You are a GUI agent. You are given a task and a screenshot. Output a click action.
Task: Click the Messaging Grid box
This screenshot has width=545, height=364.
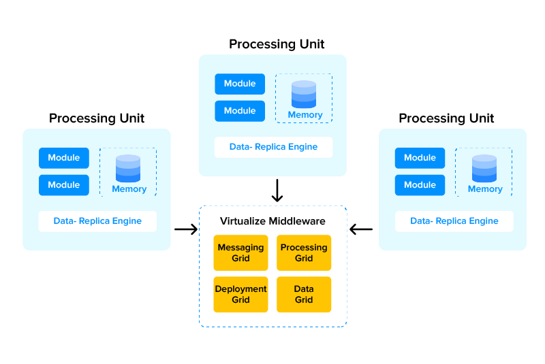[x=240, y=253]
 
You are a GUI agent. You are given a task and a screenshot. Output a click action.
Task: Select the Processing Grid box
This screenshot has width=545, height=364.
[x=304, y=253]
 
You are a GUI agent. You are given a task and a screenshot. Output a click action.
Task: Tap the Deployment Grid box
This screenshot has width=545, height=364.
[x=240, y=294]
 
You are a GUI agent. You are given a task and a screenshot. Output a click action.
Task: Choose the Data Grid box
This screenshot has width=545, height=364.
[x=304, y=294]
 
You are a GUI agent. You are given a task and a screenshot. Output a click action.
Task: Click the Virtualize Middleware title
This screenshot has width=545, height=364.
[x=272, y=221]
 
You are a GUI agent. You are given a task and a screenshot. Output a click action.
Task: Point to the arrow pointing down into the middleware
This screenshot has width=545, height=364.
[x=277, y=191]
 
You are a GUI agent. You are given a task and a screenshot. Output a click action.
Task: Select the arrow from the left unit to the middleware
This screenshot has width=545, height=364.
[x=185, y=229]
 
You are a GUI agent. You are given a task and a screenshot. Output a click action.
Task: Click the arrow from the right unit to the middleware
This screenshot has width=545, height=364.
[x=361, y=229]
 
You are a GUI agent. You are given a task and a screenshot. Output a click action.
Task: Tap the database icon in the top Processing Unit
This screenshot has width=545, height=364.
[x=304, y=94]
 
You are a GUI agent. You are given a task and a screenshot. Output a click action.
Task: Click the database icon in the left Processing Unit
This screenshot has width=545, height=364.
[x=128, y=168]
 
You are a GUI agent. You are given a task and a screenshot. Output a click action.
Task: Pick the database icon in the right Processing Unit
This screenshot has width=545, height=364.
[x=484, y=168]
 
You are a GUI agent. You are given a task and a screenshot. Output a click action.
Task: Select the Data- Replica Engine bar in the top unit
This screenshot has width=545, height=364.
[x=273, y=147]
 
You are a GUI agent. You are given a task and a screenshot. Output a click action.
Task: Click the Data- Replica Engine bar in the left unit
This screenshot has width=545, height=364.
[x=97, y=221]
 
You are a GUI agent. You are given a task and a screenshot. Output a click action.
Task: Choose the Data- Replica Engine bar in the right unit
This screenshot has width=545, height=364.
[x=454, y=221]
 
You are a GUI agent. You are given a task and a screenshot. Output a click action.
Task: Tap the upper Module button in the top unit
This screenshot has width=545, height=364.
[x=240, y=84]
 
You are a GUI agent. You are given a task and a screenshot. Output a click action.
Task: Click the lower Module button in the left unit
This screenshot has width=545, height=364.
[x=64, y=185]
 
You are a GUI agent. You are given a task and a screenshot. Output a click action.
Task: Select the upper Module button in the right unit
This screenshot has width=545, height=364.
[x=420, y=158]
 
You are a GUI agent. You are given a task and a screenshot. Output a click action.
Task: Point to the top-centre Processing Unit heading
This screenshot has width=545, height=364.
[x=277, y=44]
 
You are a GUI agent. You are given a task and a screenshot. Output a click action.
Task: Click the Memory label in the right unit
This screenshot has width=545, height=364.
[x=485, y=189]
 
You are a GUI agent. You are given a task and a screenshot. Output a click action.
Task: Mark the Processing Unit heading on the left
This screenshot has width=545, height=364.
[x=97, y=118]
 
